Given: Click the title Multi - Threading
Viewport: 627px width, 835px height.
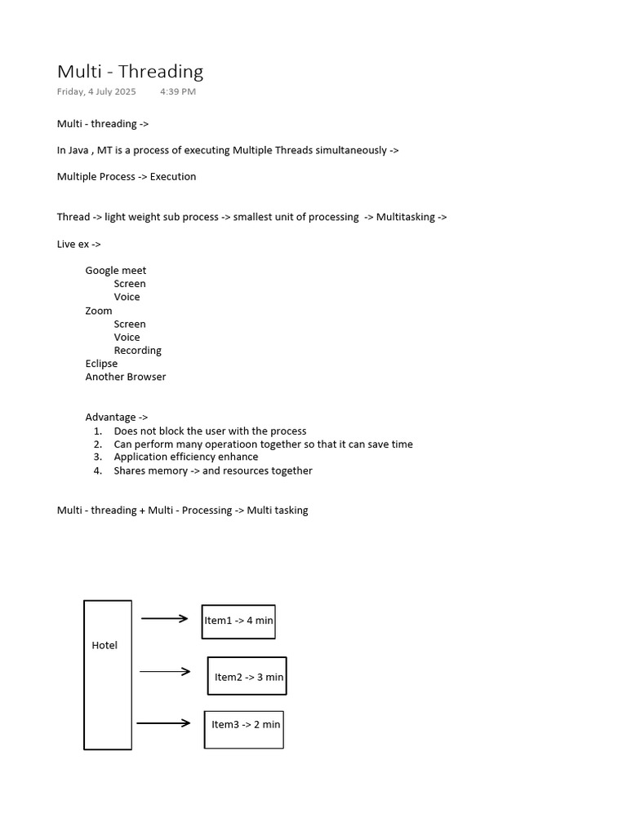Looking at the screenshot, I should pos(130,72).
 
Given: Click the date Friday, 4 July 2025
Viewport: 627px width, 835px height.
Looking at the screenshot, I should pos(96,91).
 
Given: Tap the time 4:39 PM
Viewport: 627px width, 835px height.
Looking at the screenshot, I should pos(178,91).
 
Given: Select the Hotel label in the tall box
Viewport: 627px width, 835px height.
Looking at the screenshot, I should pos(104,645).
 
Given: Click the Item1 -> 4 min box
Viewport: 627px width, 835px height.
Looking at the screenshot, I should pos(238,621).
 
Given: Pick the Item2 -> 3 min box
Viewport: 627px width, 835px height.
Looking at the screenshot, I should pos(247,676).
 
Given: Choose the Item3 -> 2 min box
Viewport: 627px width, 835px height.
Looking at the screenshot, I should pos(244,729).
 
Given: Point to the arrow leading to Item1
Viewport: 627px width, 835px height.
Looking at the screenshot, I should pos(165,618).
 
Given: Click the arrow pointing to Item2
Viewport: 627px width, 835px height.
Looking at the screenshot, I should pos(165,672).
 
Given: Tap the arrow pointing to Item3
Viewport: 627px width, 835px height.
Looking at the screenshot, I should pos(163,723).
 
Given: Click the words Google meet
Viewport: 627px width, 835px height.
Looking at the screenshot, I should pos(116,271).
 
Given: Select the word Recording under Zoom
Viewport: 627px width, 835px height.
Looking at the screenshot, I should pos(138,351).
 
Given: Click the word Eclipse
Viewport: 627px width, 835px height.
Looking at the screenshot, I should pos(101,364).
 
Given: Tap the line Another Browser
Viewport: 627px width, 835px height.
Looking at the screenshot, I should pos(126,377).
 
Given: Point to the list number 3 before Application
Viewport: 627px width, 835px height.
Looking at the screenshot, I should pos(97,457).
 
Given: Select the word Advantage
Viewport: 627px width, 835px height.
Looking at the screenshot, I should pos(111,417).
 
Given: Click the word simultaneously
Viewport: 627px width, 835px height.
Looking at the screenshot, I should pos(347,150).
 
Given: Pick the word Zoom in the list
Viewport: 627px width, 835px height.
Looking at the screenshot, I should pos(99,311).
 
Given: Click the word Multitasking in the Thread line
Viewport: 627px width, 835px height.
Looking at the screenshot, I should pos(406,217).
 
